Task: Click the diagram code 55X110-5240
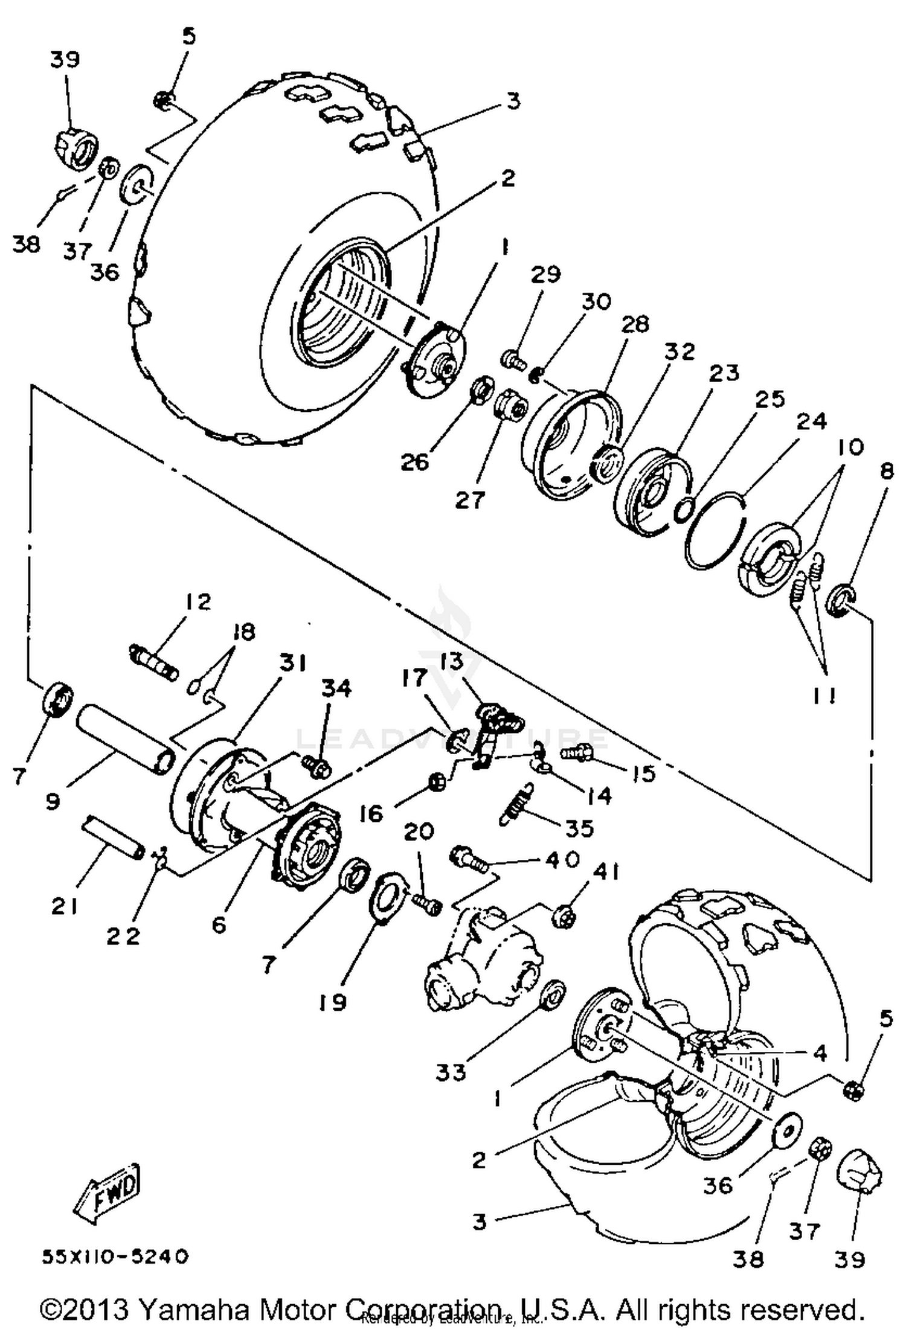(x=115, y=1257)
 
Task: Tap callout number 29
(x=545, y=275)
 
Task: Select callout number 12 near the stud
(x=195, y=602)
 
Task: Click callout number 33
(x=451, y=1072)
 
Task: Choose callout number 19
(x=332, y=1002)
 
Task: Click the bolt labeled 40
(x=469, y=859)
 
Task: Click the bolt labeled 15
(x=576, y=752)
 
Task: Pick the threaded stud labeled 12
(x=154, y=662)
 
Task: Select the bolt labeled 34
(x=316, y=766)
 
